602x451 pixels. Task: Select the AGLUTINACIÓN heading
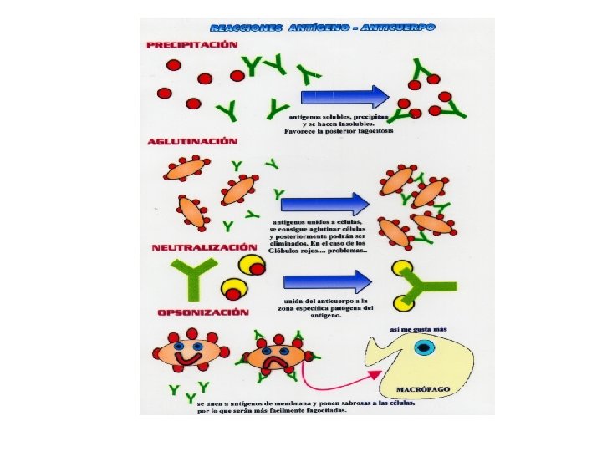pos(191,143)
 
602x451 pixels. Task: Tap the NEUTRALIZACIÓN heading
pos(203,248)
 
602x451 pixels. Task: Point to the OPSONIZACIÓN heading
pos(203,312)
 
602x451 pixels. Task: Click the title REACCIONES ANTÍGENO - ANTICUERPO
pos(321,28)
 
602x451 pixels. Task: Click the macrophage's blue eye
pos(424,347)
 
